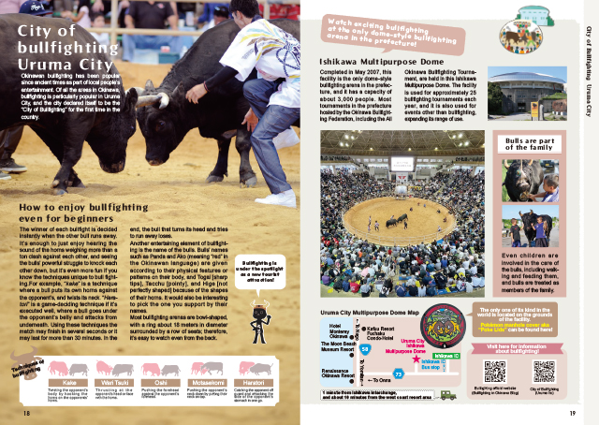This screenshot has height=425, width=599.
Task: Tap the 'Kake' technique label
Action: tap(68, 382)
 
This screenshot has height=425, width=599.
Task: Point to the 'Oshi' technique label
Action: tap(162, 382)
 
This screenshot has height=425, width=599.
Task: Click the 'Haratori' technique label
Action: tap(254, 382)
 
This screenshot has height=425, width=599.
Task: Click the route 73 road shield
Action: tap(399, 374)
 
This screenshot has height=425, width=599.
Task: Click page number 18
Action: tap(27, 412)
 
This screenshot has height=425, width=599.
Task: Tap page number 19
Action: tap(571, 412)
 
